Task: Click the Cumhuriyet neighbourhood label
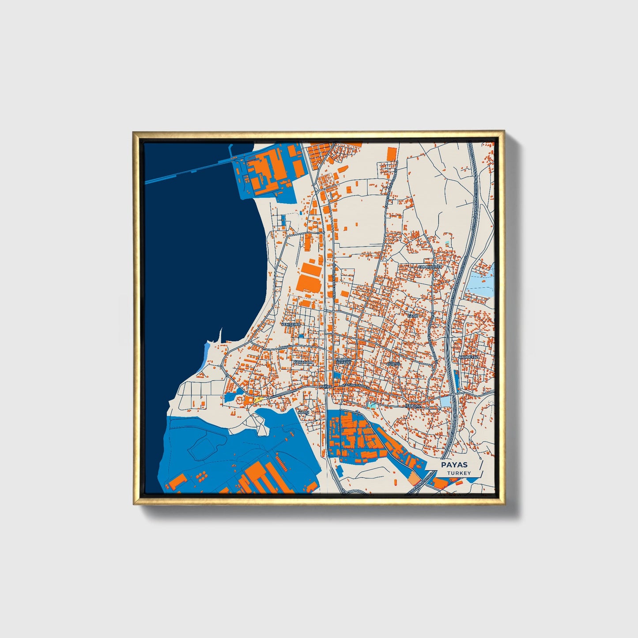click(x=430, y=267)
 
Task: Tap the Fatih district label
click(x=412, y=316)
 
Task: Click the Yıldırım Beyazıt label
click(x=343, y=361)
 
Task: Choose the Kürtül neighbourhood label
click(x=393, y=364)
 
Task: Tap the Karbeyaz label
click(x=468, y=357)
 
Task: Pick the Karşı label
click(x=304, y=412)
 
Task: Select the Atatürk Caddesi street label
click(x=356, y=386)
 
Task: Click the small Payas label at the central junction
click(x=325, y=386)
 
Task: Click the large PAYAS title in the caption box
click(x=454, y=465)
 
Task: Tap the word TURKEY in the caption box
click(x=458, y=473)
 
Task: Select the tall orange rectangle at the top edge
click(x=391, y=155)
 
